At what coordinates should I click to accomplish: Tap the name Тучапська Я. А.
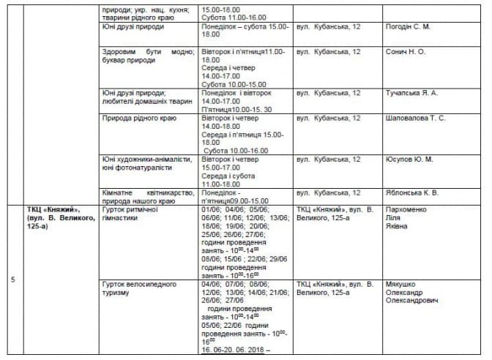pos(411,93)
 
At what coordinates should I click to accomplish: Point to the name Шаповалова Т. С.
pos(415,118)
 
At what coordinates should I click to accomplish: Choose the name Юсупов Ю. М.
pos(409,159)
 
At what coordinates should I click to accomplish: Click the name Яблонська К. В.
pos(411,192)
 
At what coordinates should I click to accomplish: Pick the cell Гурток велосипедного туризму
pos(136,288)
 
